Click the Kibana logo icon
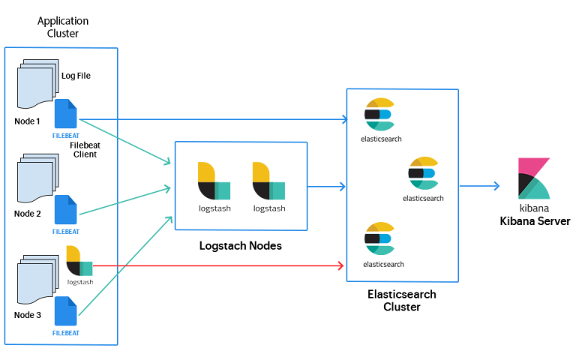534,178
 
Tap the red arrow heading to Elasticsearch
218,265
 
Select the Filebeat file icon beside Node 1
66,113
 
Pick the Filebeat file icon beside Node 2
66,209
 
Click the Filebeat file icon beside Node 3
66,310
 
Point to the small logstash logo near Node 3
79,261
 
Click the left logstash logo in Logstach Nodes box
214,181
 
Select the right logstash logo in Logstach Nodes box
269,181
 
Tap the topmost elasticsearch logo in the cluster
379,114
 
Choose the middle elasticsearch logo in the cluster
423,173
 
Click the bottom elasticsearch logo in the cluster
379,238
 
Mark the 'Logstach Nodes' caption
241,246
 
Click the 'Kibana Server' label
535,221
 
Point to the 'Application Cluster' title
63,27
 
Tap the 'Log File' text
76,76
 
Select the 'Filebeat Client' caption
85,150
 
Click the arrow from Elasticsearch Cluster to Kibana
480,186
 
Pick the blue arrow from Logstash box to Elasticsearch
326,187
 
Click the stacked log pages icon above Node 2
38,178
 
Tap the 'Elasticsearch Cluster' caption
402,301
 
